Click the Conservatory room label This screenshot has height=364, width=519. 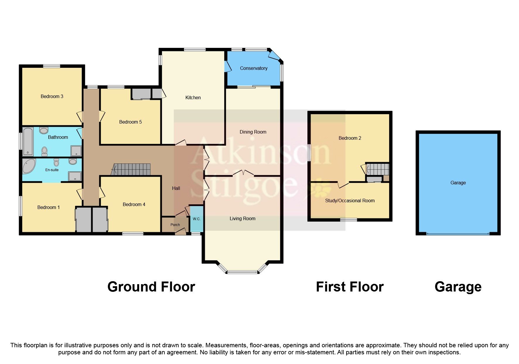tap(253, 68)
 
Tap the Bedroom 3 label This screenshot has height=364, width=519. tap(52, 96)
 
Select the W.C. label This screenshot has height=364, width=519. tap(196, 219)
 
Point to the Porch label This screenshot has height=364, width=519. tap(175, 225)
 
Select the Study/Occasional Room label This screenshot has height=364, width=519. tap(350, 201)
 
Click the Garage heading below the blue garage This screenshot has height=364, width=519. tap(458, 287)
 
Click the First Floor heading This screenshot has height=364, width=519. tap(350, 287)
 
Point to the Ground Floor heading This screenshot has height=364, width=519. tap(151, 287)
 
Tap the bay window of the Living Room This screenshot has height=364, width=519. tap(242, 272)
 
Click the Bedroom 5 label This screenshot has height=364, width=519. tap(130, 122)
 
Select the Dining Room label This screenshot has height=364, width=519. tap(253, 132)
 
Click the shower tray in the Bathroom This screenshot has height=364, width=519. tap(76, 151)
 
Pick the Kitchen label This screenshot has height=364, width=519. tap(193, 97)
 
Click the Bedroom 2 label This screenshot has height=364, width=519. tap(350, 138)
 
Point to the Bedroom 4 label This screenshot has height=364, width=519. tap(134, 204)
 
